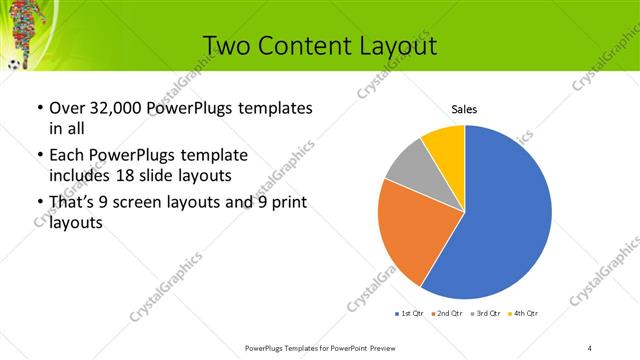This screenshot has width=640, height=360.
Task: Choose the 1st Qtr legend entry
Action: tap(409, 314)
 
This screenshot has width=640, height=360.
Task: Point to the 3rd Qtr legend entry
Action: tap(486, 314)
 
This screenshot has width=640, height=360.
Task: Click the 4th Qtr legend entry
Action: tap(524, 314)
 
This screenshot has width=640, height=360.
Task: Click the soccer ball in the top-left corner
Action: tap(13, 65)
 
